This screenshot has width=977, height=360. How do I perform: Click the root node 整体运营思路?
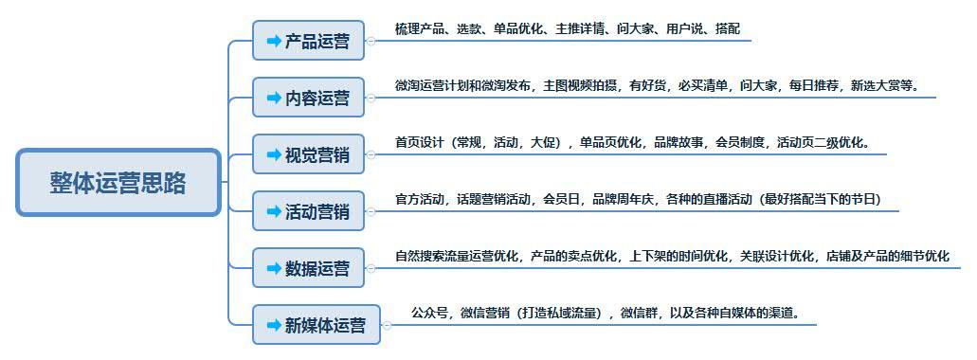[x=118, y=183]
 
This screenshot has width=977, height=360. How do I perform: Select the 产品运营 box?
[x=309, y=41]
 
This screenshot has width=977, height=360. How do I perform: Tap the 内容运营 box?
[x=309, y=98]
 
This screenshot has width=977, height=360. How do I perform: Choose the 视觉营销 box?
[x=309, y=154]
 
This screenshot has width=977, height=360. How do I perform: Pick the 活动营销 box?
[x=309, y=211]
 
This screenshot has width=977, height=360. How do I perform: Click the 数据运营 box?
[x=309, y=268]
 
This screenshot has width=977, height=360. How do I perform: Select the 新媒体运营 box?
[x=317, y=325]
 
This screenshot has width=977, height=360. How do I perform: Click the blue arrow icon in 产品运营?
[x=274, y=41]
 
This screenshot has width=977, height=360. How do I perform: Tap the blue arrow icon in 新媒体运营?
[x=274, y=325]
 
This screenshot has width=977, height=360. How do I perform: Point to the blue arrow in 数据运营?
[x=274, y=268]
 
